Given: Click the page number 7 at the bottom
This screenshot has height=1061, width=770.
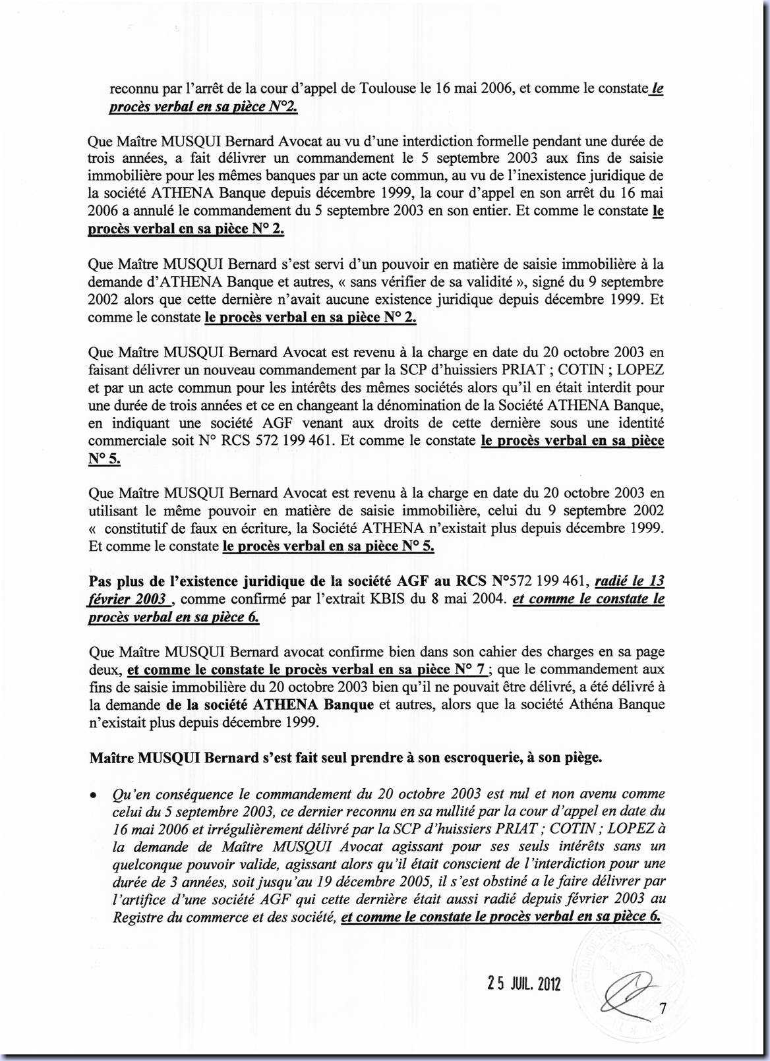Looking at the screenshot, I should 663,1008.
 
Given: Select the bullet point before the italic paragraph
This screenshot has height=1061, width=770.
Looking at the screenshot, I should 94,796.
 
